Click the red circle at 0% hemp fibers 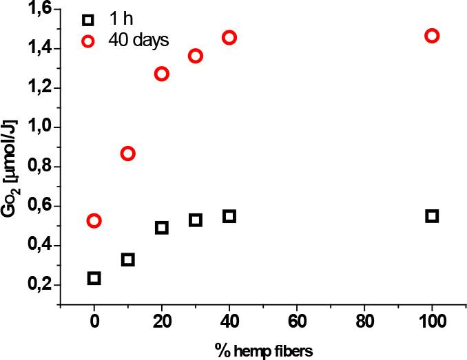point(94,221)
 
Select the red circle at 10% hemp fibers point(128,153)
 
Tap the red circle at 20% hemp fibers point(162,74)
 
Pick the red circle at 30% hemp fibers point(196,56)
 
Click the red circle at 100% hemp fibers point(432,36)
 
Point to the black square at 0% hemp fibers point(94,278)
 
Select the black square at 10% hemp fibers point(128,260)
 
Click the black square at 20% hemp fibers point(162,228)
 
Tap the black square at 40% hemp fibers point(229,216)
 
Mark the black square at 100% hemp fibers point(432,216)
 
